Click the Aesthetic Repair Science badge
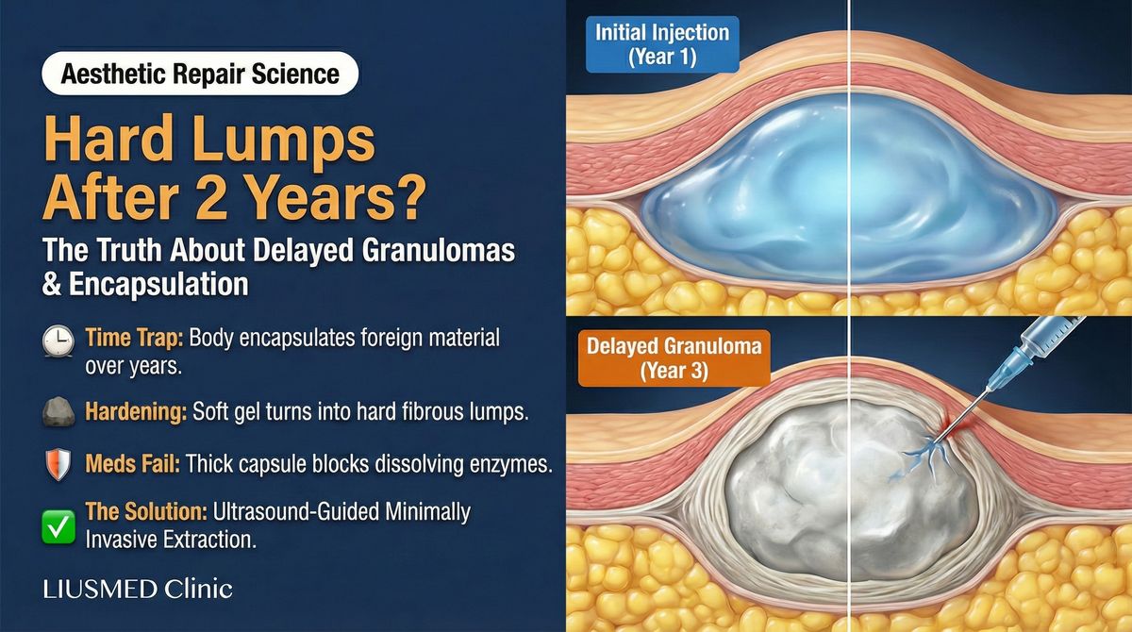pos(200,73)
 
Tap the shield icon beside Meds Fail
pos(57,464)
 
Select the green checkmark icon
pos(57,525)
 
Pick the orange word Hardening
pos(135,412)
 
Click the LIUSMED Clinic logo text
pos(138,590)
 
